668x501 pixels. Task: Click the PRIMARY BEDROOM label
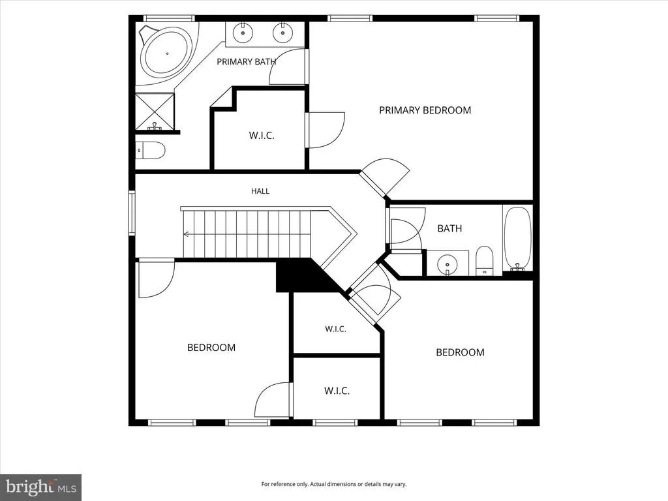pos(425,110)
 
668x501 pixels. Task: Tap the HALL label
pos(260,191)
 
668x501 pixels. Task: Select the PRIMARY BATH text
pos(246,62)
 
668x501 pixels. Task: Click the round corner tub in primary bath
pos(166,53)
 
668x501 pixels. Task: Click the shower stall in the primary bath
pos(155,111)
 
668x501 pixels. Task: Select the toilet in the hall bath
pos(484,260)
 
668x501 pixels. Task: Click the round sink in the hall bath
pos(447,264)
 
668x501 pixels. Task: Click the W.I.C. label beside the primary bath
pos(262,136)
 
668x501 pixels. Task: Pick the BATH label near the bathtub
pos(450,228)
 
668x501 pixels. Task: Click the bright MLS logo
pos(41,487)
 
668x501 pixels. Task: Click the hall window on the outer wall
pos(132,213)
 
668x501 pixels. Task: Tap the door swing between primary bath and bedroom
pos(288,67)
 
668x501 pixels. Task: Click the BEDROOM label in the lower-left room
pos(211,348)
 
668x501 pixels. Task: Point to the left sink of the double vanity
pos(243,33)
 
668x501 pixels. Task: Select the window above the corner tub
pos(169,18)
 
